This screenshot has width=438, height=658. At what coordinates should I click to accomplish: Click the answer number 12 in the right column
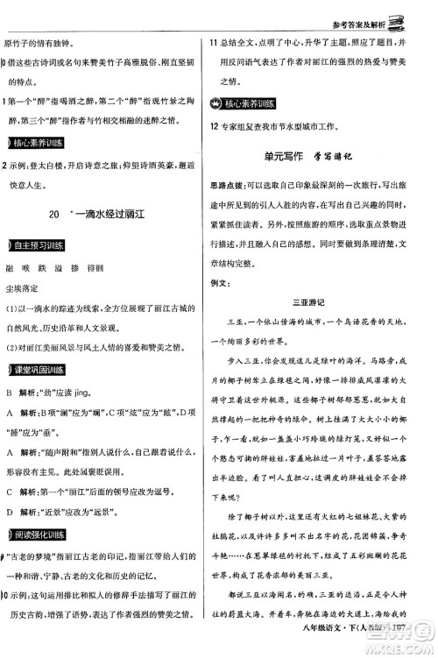coord(213,126)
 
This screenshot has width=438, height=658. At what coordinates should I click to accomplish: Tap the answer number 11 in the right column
coord(213,41)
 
